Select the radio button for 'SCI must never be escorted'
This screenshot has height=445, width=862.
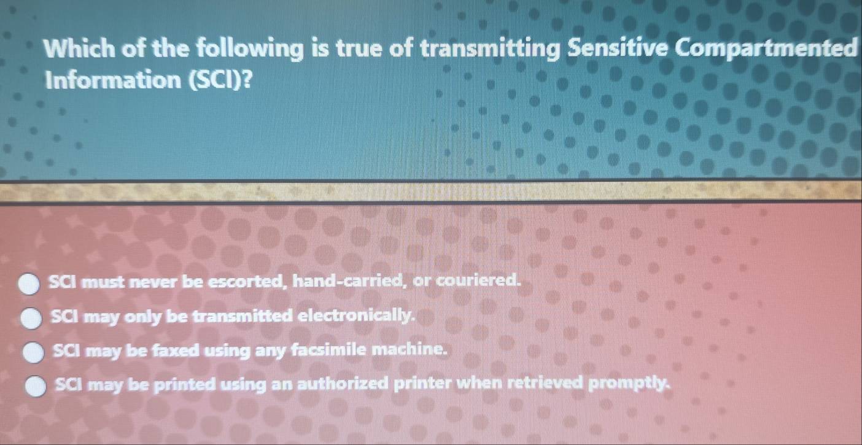[x=29, y=284]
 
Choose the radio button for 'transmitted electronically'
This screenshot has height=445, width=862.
[x=31, y=318]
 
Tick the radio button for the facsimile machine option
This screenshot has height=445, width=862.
[x=34, y=352]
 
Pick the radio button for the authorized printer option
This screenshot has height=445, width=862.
[x=36, y=386]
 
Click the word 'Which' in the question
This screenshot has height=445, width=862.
[x=79, y=48]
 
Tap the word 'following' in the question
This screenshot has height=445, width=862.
[x=249, y=50]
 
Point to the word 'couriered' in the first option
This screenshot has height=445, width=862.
[x=478, y=281]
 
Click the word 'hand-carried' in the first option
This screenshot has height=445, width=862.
[x=348, y=281]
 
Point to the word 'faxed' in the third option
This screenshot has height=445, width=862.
[x=176, y=350]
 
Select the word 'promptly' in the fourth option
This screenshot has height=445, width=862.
[x=629, y=384]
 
